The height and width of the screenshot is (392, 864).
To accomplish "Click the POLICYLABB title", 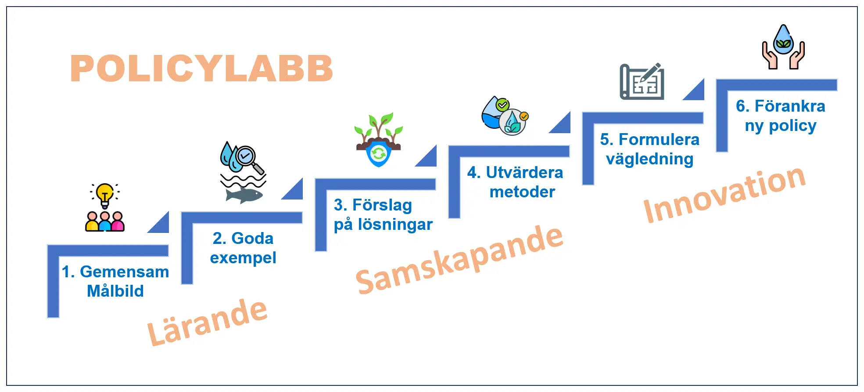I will [x=201, y=69].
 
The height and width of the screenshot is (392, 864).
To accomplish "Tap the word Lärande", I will [x=207, y=322].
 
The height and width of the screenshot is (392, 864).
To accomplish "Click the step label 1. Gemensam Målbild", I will [x=115, y=281].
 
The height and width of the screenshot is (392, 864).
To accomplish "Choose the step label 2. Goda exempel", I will [x=243, y=248].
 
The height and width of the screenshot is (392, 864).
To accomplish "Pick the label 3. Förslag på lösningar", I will [x=383, y=214].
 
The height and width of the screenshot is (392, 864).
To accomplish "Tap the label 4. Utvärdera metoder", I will [x=515, y=182].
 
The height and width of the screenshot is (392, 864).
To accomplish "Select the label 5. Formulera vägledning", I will [x=649, y=149].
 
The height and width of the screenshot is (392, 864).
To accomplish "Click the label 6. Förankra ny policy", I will [x=780, y=116].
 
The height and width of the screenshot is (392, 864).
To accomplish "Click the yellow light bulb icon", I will [x=105, y=194].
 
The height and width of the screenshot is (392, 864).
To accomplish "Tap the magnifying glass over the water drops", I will [x=247, y=157].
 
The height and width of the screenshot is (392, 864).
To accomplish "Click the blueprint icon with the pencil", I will [x=642, y=82].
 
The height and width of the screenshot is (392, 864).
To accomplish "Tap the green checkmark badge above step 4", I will [x=502, y=105].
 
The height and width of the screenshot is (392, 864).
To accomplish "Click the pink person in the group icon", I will [x=118, y=222].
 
